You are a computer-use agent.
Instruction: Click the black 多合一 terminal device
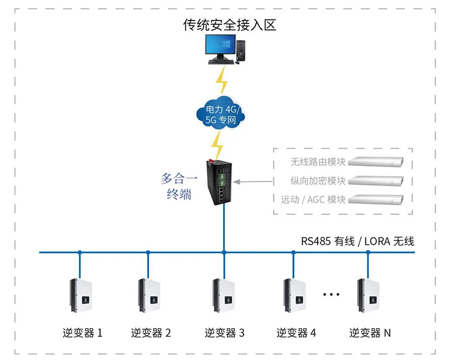(x=219, y=181)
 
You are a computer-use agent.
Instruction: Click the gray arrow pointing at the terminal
(x=253, y=180)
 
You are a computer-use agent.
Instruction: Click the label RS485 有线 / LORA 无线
(x=358, y=241)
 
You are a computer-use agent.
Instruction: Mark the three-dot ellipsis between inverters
(x=331, y=294)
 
